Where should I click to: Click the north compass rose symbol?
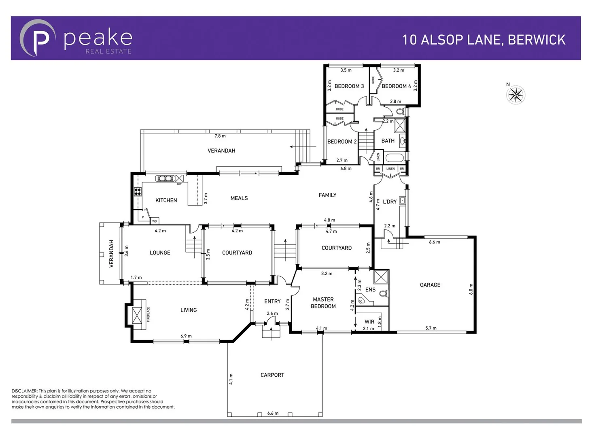point(516,95)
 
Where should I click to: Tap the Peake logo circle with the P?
point(38,38)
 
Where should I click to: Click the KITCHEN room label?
point(166,200)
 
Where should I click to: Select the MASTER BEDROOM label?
point(323,303)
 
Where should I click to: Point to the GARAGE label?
point(430,285)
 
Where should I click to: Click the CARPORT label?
point(272,375)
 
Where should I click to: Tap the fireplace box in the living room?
point(138,314)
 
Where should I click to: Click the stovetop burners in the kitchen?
point(138,192)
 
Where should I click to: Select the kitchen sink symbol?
point(165,178)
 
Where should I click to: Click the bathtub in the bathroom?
point(394,158)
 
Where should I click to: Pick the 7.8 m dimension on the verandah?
point(220,136)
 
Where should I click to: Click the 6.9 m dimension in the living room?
point(186,336)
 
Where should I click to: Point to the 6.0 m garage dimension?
point(471,289)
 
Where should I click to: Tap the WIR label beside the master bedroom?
point(369,322)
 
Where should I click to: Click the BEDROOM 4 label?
point(396,86)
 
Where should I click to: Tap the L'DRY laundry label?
point(390,202)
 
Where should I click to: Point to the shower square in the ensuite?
point(381,277)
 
